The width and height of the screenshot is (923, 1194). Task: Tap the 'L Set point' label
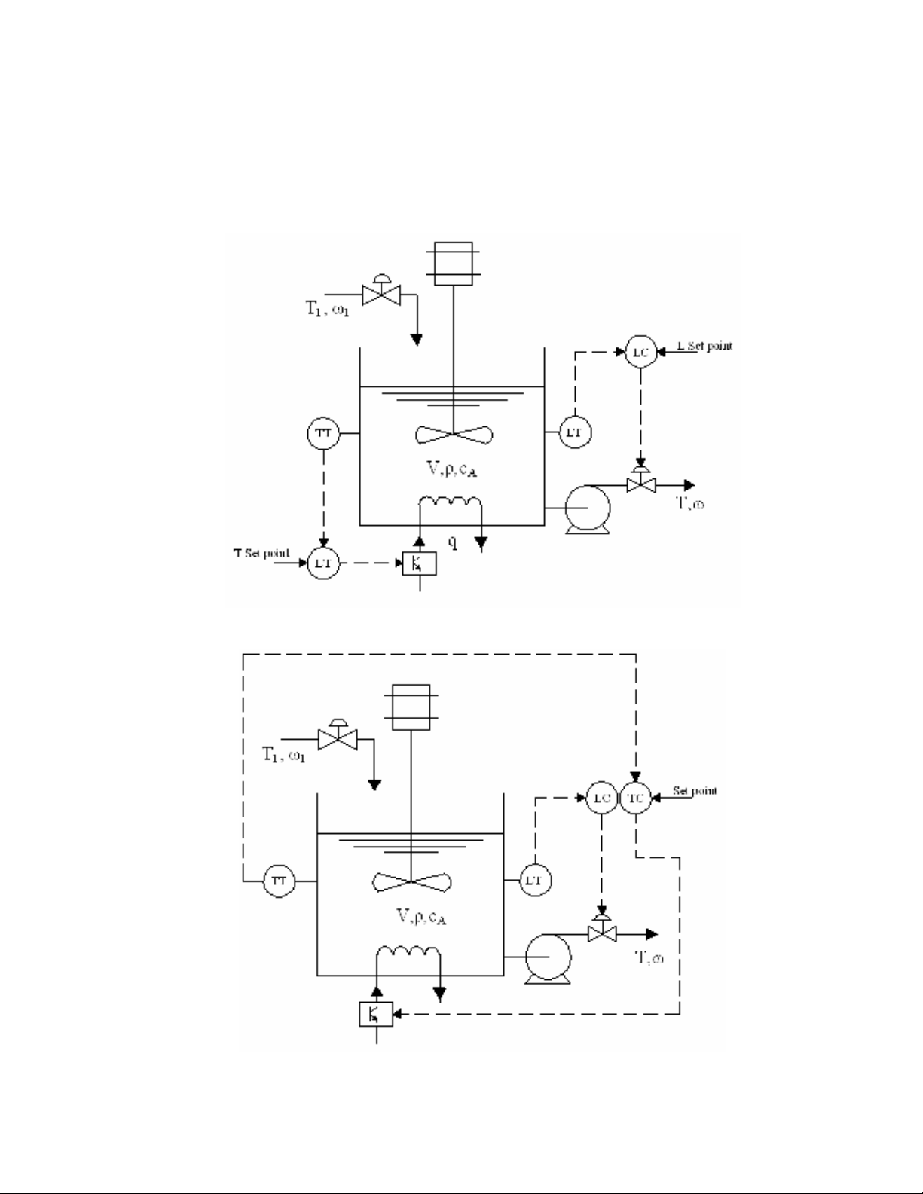point(704,347)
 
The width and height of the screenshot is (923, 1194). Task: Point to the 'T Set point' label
point(261,554)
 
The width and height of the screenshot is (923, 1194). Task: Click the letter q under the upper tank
point(453,542)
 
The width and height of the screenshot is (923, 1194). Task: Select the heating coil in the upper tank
point(451,504)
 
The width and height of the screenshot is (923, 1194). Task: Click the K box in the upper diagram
point(420,563)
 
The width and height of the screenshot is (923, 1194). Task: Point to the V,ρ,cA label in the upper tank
point(452,470)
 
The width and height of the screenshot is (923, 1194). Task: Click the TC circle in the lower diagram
point(635,799)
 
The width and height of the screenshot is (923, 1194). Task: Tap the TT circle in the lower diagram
point(279,881)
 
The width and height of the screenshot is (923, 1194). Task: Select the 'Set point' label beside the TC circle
point(695,791)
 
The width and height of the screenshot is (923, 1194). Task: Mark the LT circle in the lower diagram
point(536,881)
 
